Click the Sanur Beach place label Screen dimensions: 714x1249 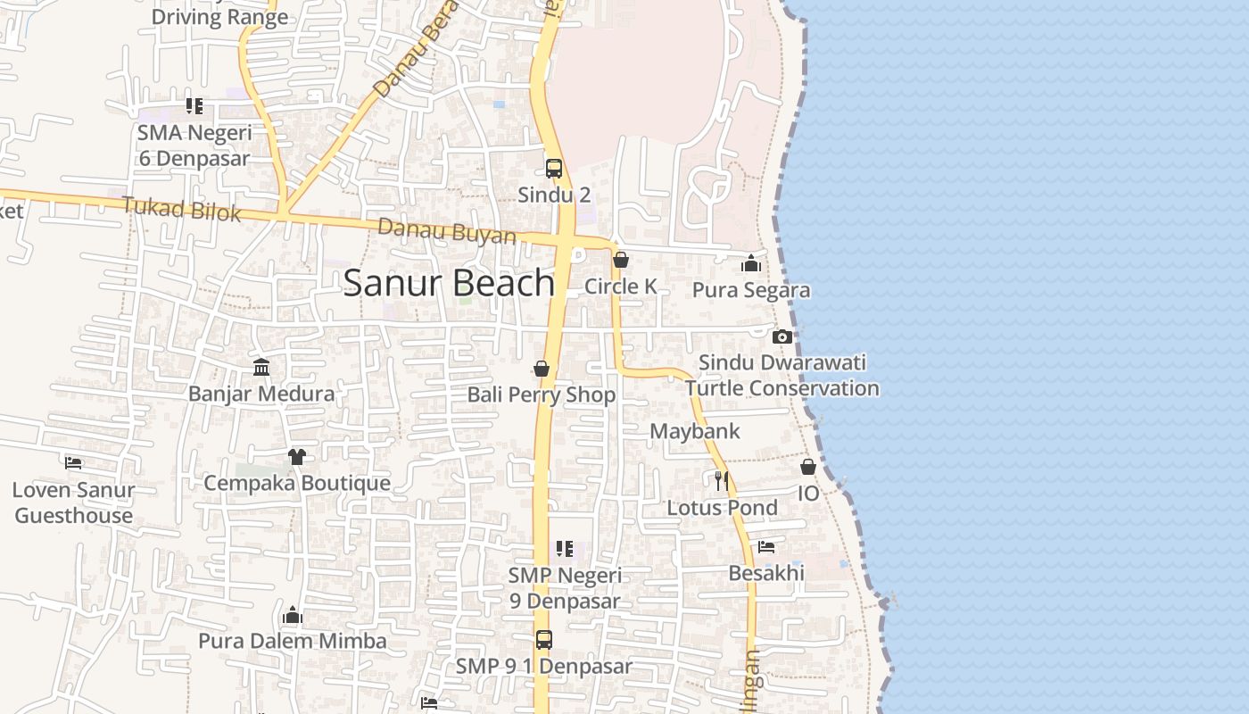449,283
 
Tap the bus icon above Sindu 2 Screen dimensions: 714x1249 553,169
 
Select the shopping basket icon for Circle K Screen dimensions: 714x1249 621,260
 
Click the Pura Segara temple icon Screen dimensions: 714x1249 751,263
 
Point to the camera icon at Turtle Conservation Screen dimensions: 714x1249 782,336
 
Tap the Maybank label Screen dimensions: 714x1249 694,431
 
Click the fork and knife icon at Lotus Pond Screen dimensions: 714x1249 721,481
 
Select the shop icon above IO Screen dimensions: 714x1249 807,467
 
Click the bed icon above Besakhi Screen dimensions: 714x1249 765,547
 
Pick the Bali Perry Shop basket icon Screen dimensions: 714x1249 541,369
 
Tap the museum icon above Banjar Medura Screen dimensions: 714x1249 261,367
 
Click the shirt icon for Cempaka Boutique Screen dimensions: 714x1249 296,457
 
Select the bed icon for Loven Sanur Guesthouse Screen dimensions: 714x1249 73,463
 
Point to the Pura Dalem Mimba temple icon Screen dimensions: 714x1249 292,615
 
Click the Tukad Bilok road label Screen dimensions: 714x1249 182,210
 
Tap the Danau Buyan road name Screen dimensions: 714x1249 446,231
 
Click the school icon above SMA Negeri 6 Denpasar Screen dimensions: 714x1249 194,106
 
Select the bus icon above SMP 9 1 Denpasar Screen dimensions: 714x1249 543,640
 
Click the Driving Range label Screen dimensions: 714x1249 219,16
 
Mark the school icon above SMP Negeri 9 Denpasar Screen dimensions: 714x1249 564,549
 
